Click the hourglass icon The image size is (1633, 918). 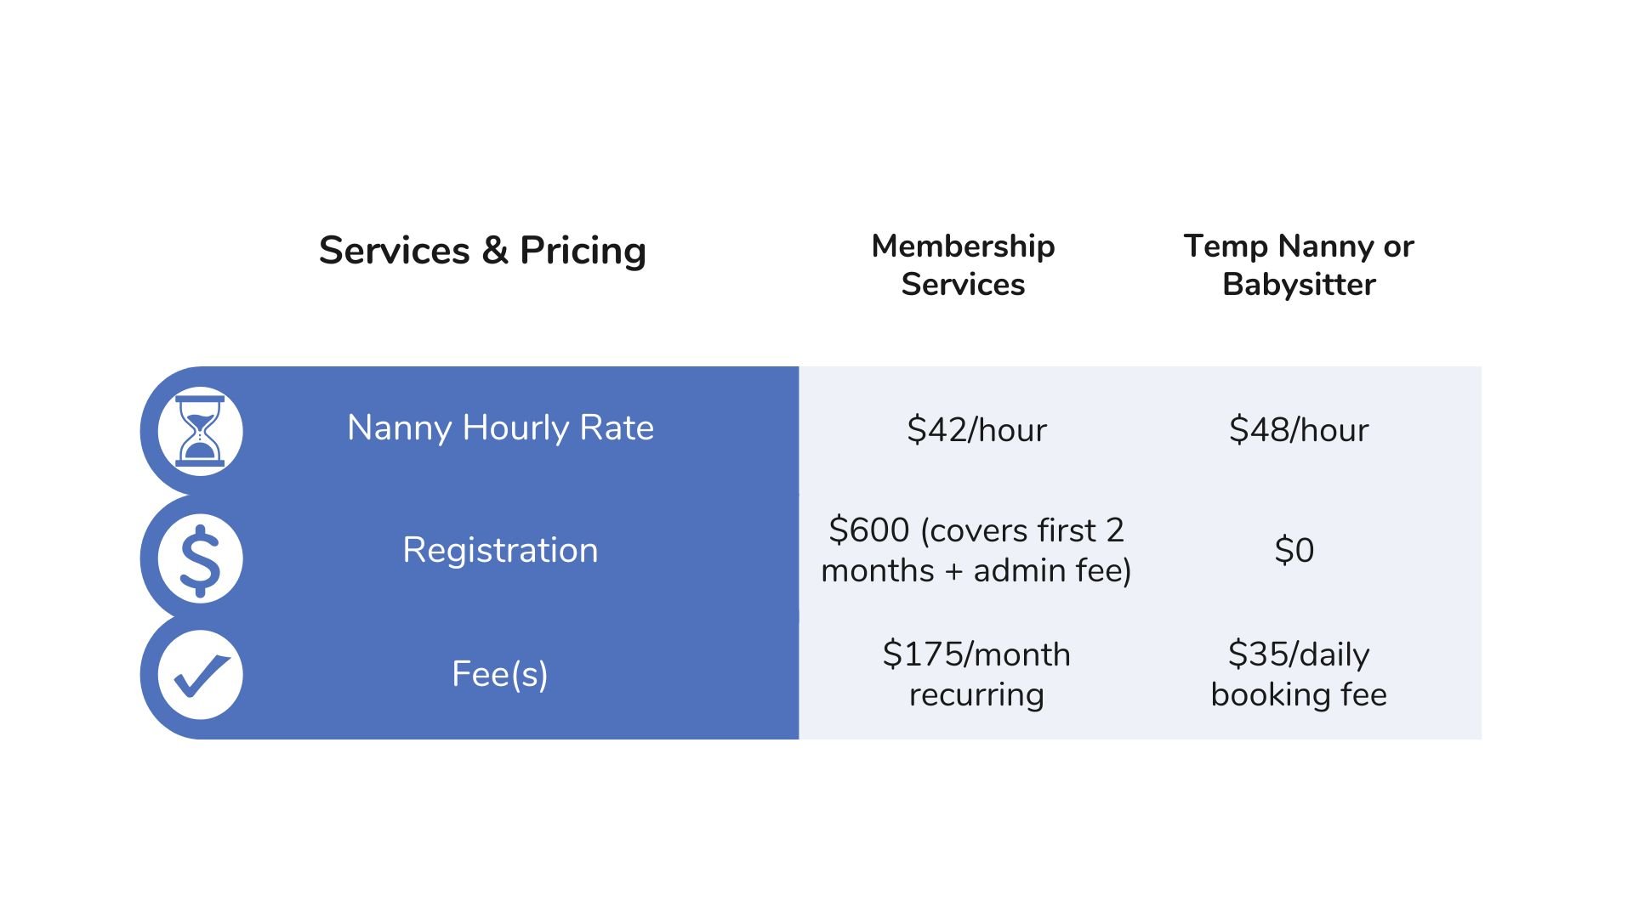pyautogui.click(x=200, y=431)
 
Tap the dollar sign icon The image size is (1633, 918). pyautogui.click(x=200, y=558)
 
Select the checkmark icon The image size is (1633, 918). pyautogui.click(x=200, y=675)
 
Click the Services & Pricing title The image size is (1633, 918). pyautogui.click(x=482, y=251)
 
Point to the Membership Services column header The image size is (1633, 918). pyautogui.click(x=963, y=264)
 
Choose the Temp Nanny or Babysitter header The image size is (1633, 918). pyautogui.click(x=1298, y=264)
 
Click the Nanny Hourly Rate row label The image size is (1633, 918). pyautogui.click(x=500, y=428)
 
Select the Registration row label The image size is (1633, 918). pyautogui.click(x=500, y=550)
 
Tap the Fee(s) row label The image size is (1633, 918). pyautogui.click(x=500, y=674)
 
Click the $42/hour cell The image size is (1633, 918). pyautogui.click(x=976, y=430)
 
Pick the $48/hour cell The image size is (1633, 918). pyautogui.click(x=1299, y=430)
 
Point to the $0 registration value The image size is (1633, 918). pyautogui.click(x=1294, y=551)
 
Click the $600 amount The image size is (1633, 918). pyautogui.click(x=869, y=530)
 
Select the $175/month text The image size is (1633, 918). pyautogui.click(x=976, y=654)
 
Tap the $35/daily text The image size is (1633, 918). pyautogui.click(x=1299, y=654)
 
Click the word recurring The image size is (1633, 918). pyautogui.click(x=976, y=695)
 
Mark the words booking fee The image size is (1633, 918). pyautogui.click(x=1299, y=695)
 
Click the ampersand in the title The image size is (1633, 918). pyautogui.click(x=495, y=251)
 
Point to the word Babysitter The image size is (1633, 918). pyautogui.click(x=1299, y=285)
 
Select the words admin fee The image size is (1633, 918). pyautogui.click(x=1052, y=570)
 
